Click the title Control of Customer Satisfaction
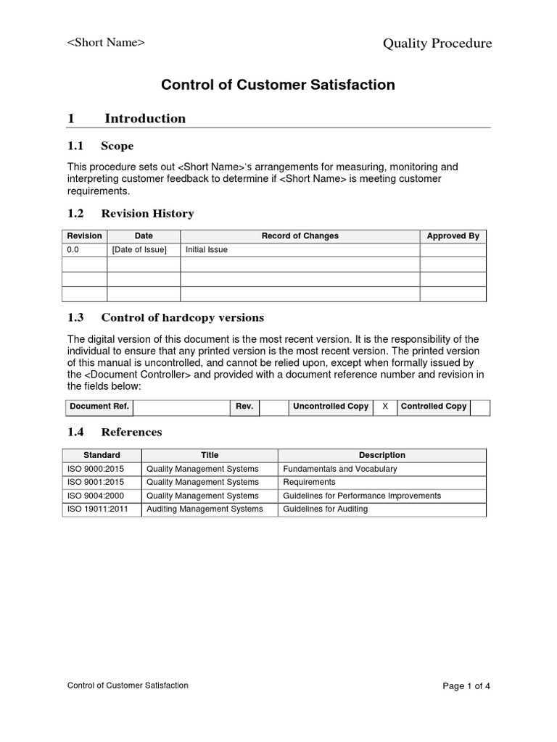coord(278,85)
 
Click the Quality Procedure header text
coord(437,43)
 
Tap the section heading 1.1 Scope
coord(100,146)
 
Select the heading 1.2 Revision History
coord(131,214)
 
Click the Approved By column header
coord(453,236)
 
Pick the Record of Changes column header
coord(300,236)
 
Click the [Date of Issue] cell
coord(139,250)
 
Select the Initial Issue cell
coord(207,250)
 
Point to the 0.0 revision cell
coord(73,250)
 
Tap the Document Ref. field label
coord(99,407)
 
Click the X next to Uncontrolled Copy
coord(384,407)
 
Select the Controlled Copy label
coord(434,407)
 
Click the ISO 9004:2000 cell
coord(90,496)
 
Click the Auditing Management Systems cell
coord(204,509)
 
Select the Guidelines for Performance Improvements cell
coord(361,496)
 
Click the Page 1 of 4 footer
coord(466,686)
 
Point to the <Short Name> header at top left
coord(106,42)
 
